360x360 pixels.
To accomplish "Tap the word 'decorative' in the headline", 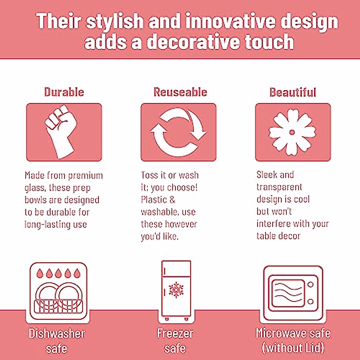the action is (193, 42).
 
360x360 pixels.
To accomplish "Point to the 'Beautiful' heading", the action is (293, 92).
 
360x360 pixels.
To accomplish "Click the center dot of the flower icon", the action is (292, 133).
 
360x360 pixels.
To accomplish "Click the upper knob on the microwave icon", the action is (310, 285).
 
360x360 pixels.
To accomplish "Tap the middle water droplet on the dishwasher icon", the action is (58, 273).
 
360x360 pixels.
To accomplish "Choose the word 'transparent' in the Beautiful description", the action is (279, 187).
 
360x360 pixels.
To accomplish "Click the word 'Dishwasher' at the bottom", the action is (57, 334).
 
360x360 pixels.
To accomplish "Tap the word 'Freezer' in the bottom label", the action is (175, 334).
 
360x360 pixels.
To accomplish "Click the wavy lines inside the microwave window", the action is (288, 292).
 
